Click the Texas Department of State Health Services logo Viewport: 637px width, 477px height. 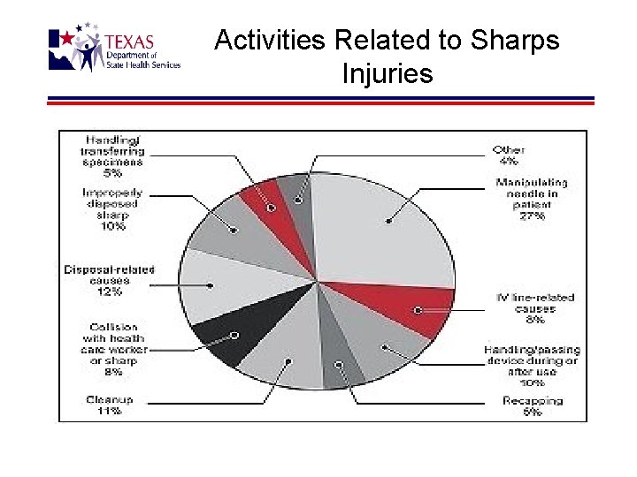click(114, 50)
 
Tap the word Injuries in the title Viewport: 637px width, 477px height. click(388, 73)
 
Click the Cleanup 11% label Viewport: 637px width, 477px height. click(110, 405)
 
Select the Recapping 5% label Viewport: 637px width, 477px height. click(532, 405)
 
